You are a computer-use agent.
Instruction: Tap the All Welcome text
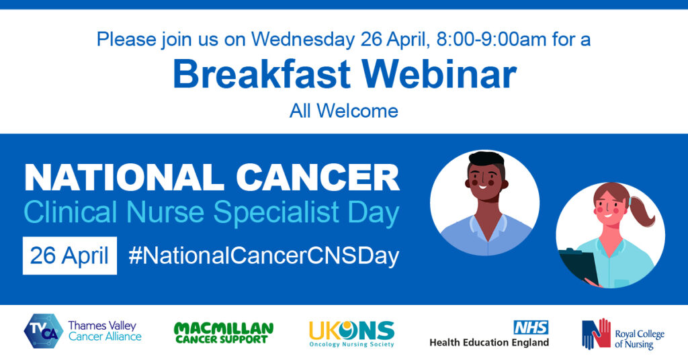pyautogui.click(x=344, y=110)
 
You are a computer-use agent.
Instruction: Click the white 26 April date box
pyautogui.click(x=70, y=256)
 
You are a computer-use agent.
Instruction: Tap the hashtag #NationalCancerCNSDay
pyautogui.click(x=263, y=256)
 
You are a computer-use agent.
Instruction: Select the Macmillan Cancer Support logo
pyautogui.click(x=224, y=332)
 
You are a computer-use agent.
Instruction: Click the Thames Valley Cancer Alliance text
pyautogui.click(x=105, y=331)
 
